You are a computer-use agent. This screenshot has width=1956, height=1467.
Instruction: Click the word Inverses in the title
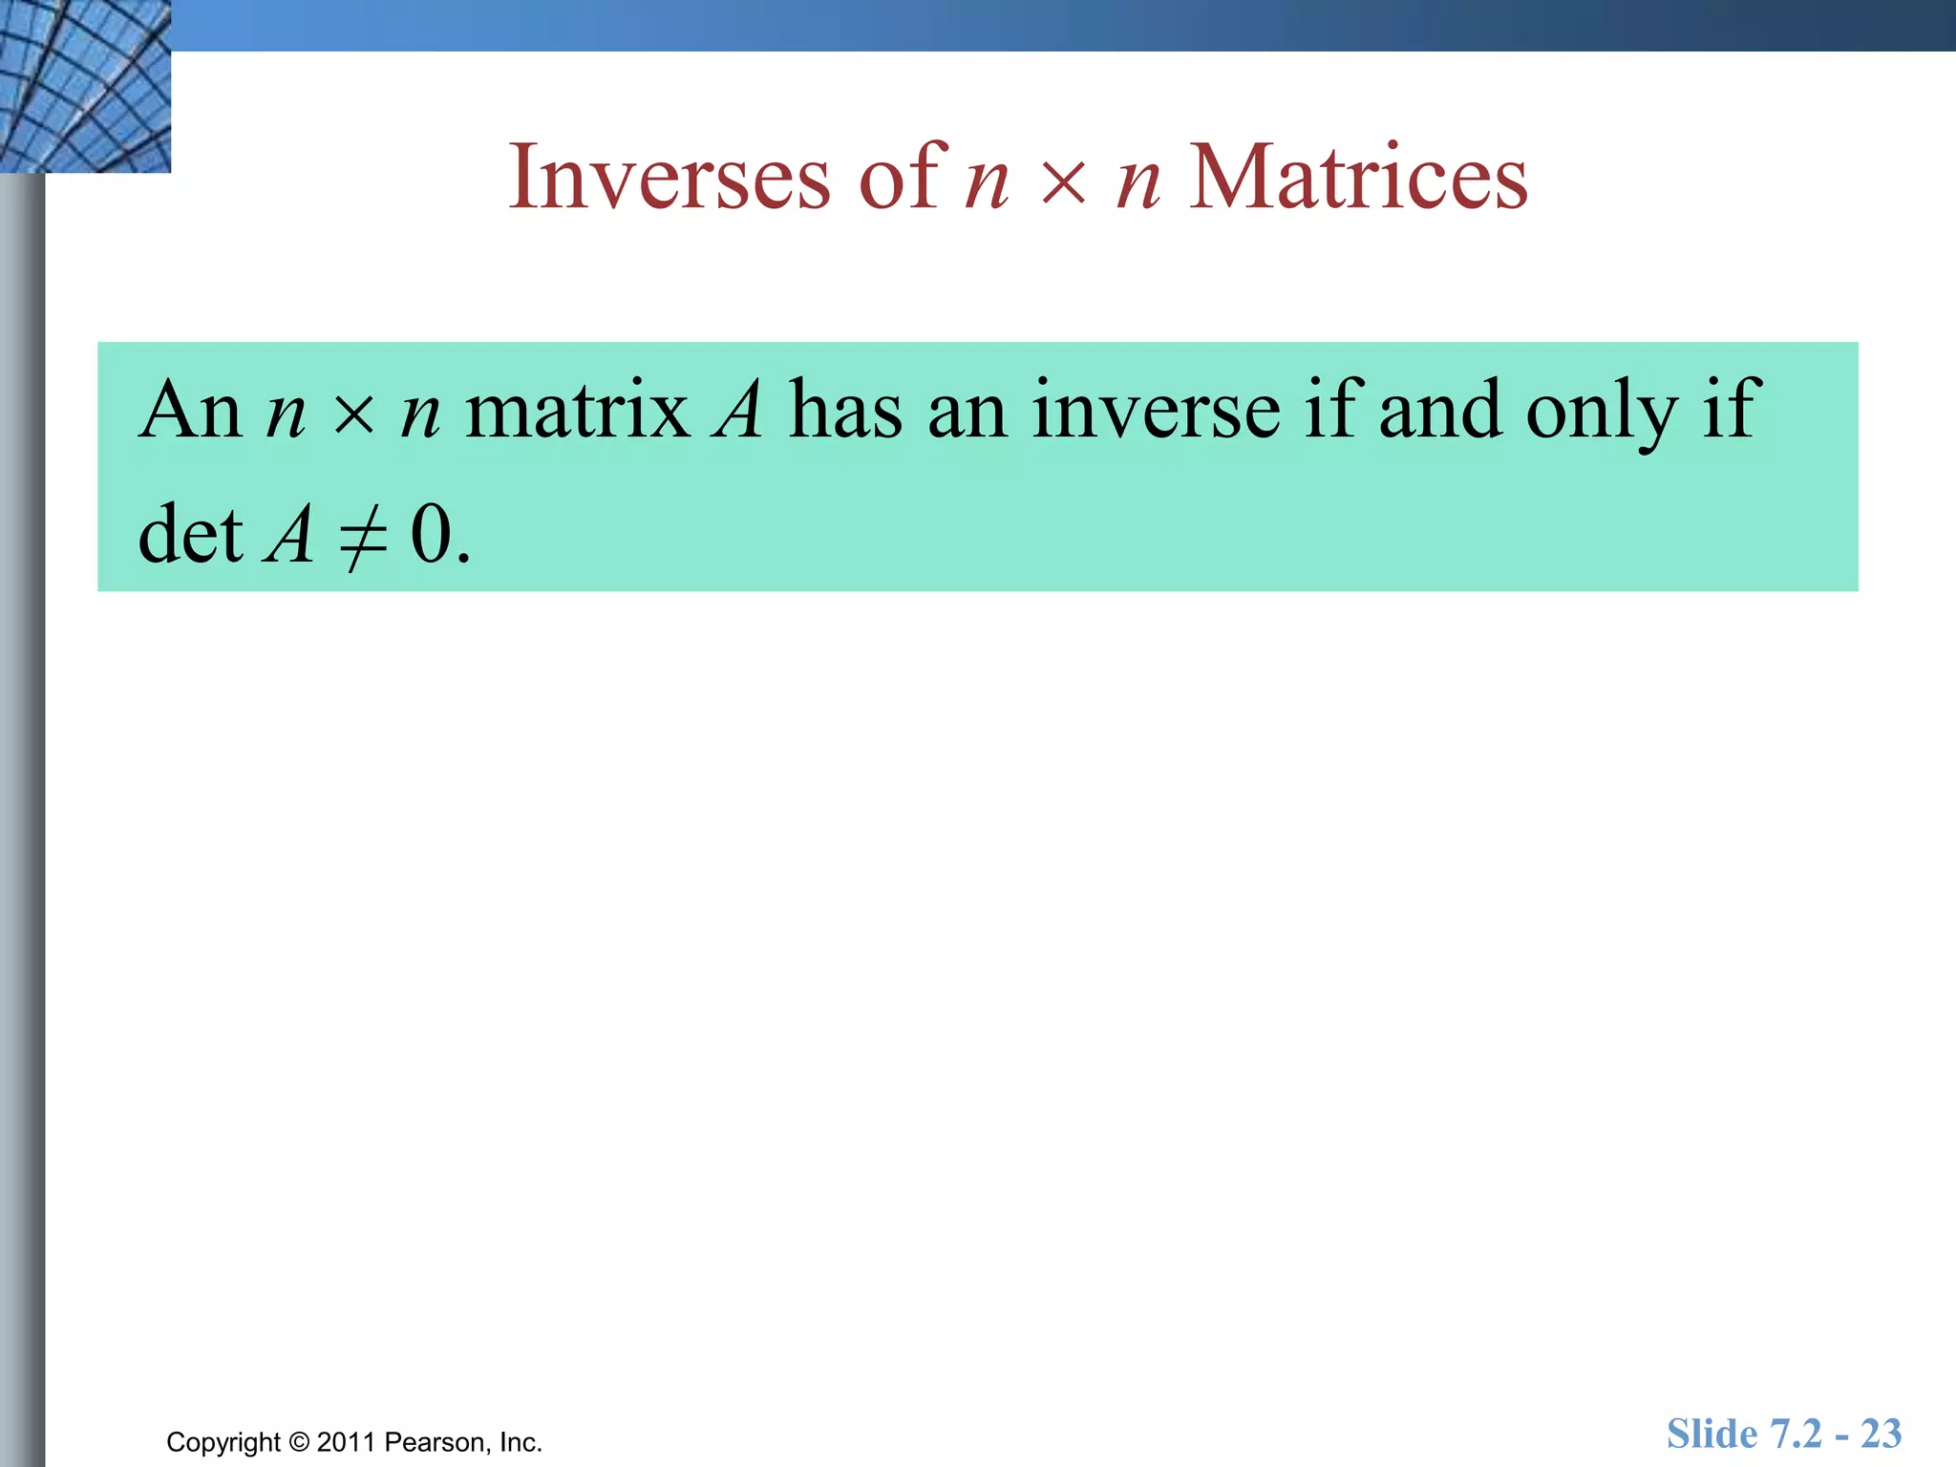point(669,178)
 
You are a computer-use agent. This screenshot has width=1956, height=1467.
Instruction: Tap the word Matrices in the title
point(1357,178)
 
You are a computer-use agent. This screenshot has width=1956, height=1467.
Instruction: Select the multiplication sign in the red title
point(1063,181)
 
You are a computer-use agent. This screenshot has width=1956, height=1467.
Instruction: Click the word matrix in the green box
point(577,411)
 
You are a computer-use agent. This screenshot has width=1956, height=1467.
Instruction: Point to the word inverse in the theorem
point(1156,411)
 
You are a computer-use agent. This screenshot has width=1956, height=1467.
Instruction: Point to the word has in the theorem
point(845,411)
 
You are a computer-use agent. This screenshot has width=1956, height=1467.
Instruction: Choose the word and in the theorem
point(1439,411)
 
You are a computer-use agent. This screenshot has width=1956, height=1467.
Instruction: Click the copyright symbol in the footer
point(299,1442)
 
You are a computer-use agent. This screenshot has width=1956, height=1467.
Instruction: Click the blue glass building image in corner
point(84,86)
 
